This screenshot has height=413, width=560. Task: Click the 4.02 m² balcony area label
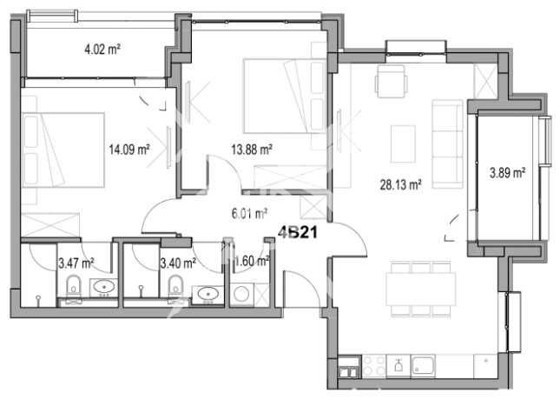point(102,49)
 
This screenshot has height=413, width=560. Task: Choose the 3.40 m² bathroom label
point(178,259)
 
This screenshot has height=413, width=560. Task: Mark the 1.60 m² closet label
point(252,259)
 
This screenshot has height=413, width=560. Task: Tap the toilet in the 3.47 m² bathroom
point(74,283)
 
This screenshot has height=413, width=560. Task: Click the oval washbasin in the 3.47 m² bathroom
point(105,287)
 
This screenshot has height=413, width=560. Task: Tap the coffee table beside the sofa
point(404,141)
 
